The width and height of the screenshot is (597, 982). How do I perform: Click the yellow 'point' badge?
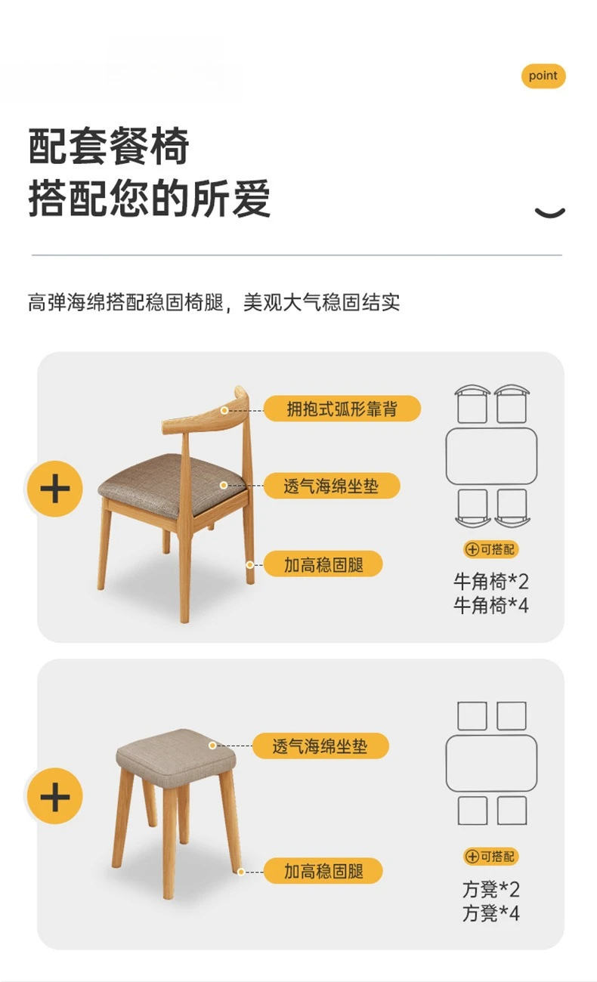click(543, 76)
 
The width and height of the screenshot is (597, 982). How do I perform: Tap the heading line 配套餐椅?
click(109, 147)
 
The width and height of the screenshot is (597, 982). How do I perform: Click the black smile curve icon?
click(549, 212)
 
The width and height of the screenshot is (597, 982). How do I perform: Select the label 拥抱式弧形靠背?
click(342, 409)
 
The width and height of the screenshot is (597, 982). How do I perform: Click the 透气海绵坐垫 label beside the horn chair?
click(331, 486)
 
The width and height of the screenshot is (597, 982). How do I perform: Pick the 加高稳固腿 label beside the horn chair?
click(323, 564)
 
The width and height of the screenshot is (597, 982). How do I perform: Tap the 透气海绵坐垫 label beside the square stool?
click(320, 746)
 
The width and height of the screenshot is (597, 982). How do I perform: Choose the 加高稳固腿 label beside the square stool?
click(323, 870)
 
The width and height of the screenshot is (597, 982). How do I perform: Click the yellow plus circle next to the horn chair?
click(54, 489)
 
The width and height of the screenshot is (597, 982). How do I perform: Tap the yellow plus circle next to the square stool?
click(54, 797)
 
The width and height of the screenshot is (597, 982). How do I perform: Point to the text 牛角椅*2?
click(491, 582)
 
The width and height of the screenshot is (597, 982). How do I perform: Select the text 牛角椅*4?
click(491, 605)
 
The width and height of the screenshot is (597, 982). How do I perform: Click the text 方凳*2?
click(491, 889)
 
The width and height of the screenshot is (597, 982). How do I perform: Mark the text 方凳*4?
click(491, 913)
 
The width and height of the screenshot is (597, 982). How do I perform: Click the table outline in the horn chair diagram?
click(491, 456)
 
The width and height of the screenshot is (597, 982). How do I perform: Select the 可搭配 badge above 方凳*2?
click(491, 856)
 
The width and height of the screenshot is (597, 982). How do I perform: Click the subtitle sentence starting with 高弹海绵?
click(214, 303)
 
